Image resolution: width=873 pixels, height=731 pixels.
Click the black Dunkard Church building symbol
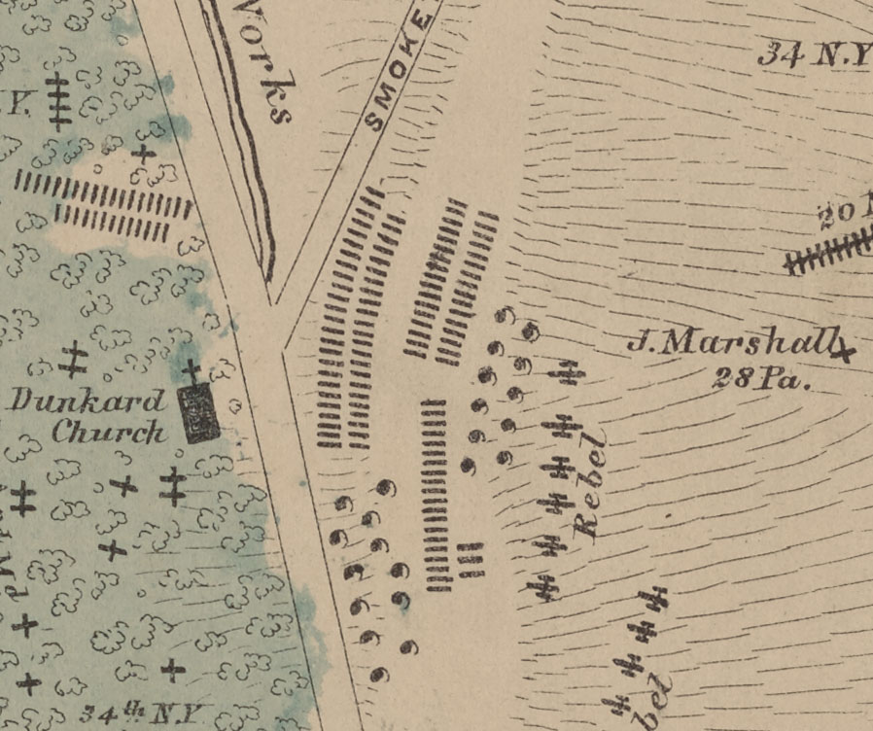pos(201,415)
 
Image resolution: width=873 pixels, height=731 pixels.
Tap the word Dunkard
pos(87,400)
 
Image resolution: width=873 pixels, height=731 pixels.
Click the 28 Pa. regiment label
pos(761,379)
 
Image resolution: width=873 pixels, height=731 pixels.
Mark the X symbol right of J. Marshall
pos(845,349)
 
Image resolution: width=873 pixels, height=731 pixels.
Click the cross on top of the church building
pos(192,370)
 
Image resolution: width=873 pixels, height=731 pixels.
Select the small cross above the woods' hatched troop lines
pos(145,153)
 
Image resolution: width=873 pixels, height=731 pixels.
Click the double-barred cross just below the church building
pos(173,485)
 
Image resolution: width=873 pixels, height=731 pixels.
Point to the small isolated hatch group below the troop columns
pos(470,561)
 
